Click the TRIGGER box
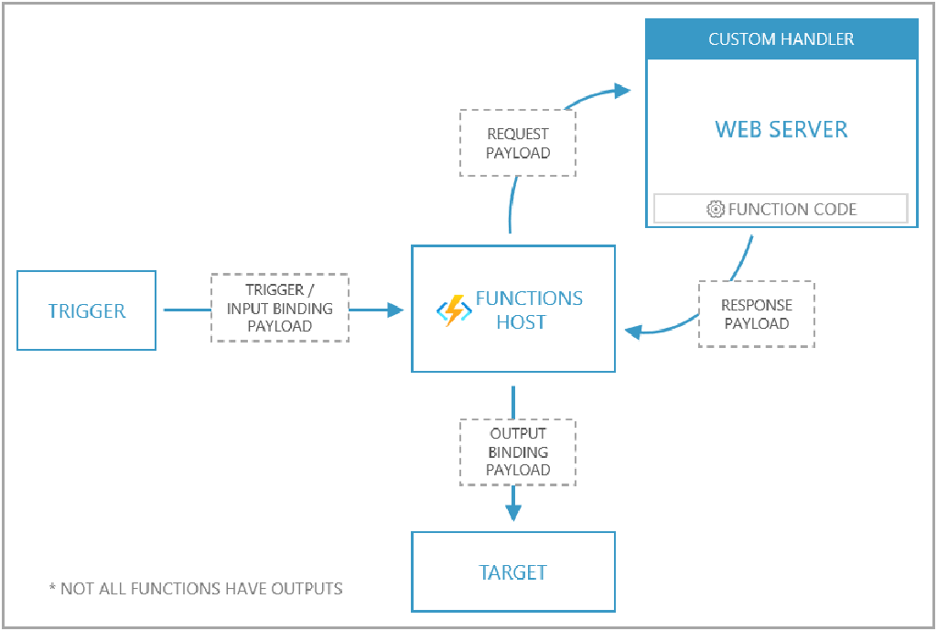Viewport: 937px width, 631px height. point(87,310)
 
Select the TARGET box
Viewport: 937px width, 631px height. point(512,572)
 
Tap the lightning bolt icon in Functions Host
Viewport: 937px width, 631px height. point(454,310)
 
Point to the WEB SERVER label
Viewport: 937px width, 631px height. point(781,129)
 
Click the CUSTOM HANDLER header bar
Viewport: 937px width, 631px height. point(781,39)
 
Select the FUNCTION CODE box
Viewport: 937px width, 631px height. point(781,209)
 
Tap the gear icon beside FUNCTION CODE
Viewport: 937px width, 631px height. point(716,209)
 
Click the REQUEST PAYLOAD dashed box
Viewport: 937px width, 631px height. point(518,143)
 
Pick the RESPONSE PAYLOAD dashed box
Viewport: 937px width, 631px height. point(756,313)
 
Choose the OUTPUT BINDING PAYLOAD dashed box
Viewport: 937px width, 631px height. point(518,451)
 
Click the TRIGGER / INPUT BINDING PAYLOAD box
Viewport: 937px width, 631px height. point(280,308)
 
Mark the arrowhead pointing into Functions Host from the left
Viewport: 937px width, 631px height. point(395,310)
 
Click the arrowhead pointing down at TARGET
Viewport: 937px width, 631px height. point(513,512)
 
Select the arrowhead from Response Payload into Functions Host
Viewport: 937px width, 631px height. point(631,331)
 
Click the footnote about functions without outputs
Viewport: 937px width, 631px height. point(196,588)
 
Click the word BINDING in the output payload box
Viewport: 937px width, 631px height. point(518,451)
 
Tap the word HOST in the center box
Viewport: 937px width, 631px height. point(521,322)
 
